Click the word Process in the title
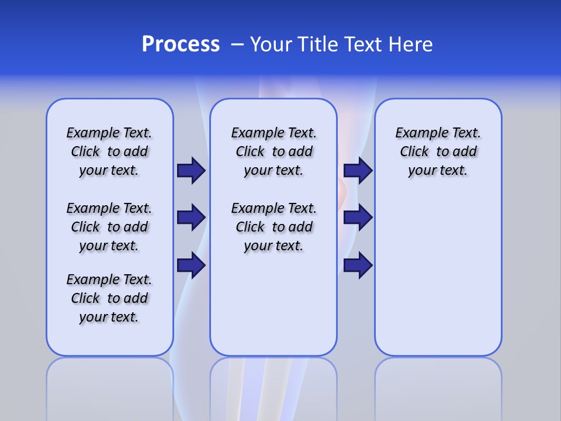tap(181, 44)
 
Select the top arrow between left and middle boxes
tap(191, 171)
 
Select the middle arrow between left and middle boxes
tap(191, 218)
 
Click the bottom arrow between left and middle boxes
tap(191, 265)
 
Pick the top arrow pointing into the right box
tap(358, 171)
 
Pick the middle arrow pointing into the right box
tap(358, 218)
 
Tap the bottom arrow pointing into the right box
tap(358, 265)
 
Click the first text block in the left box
tap(109, 151)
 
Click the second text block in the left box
tap(109, 227)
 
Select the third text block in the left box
tap(109, 298)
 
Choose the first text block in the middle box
tap(273, 151)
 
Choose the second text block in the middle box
tap(273, 227)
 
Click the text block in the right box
tap(438, 151)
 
